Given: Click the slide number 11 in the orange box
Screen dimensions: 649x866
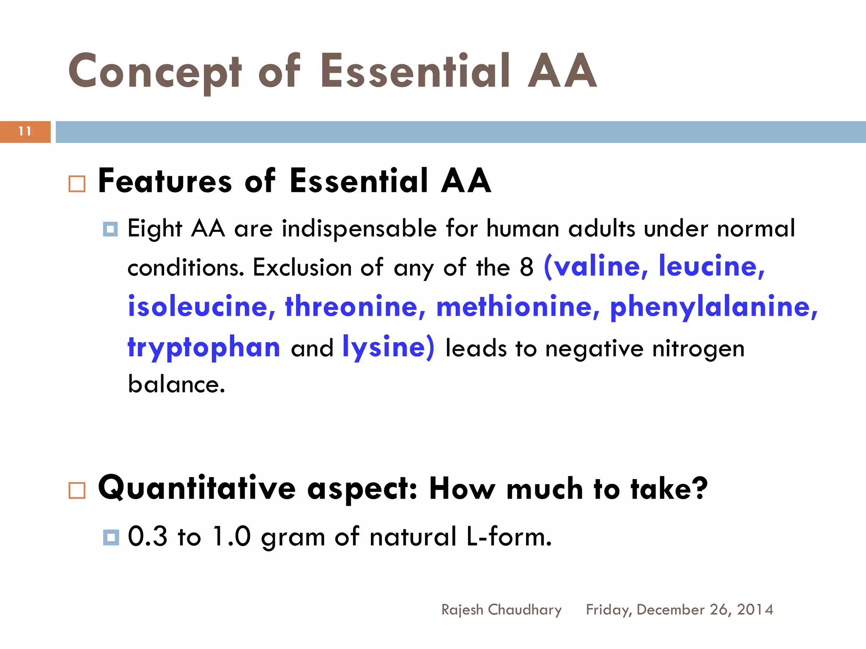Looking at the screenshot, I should pyautogui.click(x=25, y=131).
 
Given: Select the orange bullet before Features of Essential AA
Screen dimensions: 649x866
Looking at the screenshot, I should pyautogui.click(x=77, y=184).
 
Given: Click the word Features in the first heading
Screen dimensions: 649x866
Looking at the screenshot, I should pyautogui.click(x=165, y=181).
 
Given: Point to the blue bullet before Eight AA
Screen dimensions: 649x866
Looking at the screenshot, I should pyautogui.click(x=110, y=229).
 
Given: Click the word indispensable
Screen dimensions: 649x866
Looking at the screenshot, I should pyautogui.click(x=359, y=229).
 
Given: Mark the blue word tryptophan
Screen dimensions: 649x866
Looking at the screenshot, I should pyautogui.click(x=204, y=347).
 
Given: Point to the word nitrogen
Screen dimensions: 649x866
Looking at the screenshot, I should pyautogui.click(x=698, y=349).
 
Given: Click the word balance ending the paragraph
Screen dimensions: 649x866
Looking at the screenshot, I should pyautogui.click(x=176, y=384).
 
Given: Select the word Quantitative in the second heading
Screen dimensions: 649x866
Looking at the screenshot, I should pyautogui.click(x=197, y=488).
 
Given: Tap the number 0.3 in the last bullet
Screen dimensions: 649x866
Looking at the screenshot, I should pyautogui.click(x=148, y=536).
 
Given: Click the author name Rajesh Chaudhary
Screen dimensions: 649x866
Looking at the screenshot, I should pyautogui.click(x=502, y=609).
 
